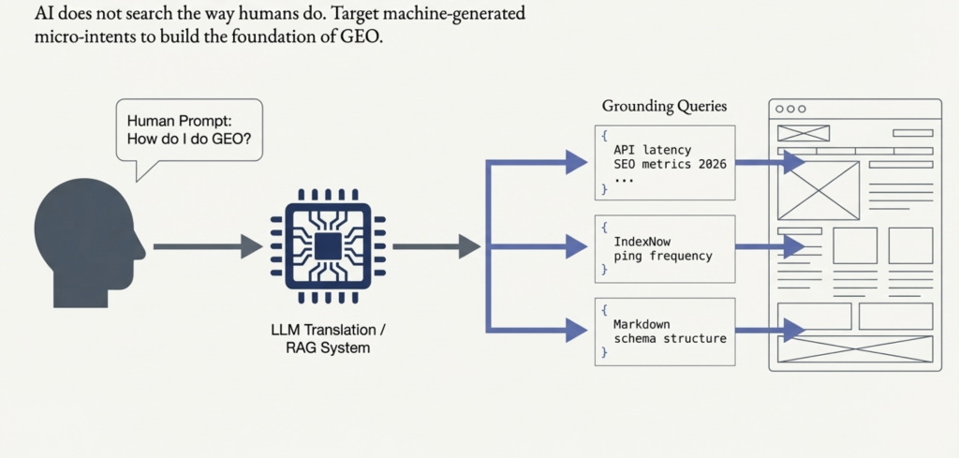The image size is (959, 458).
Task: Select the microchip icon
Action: click(327, 246)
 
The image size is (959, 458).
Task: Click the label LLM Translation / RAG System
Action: click(327, 339)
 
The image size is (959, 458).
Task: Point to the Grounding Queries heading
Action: click(663, 107)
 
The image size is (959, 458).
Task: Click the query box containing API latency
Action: click(665, 162)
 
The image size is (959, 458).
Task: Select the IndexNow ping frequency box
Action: click(665, 248)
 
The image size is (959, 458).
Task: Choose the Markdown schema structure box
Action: click(665, 331)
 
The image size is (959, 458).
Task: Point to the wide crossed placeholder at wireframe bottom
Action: click(855, 349)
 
